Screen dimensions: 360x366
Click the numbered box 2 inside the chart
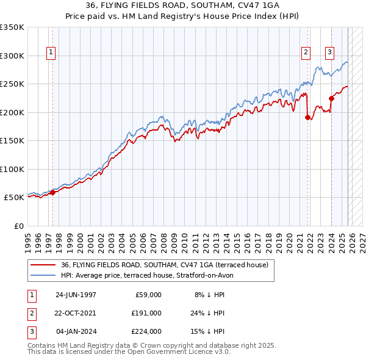point(305,53)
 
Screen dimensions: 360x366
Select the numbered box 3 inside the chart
point(329,53)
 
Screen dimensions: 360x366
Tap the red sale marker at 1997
point(52,192)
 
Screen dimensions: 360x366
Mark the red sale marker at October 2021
point(307,118)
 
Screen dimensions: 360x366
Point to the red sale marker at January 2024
point(331,98)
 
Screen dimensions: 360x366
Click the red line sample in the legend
point(44,265)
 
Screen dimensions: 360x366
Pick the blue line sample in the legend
point(44,275)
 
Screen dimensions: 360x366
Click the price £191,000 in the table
point(146,312)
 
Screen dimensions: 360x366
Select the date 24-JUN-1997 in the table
point(76,294)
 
